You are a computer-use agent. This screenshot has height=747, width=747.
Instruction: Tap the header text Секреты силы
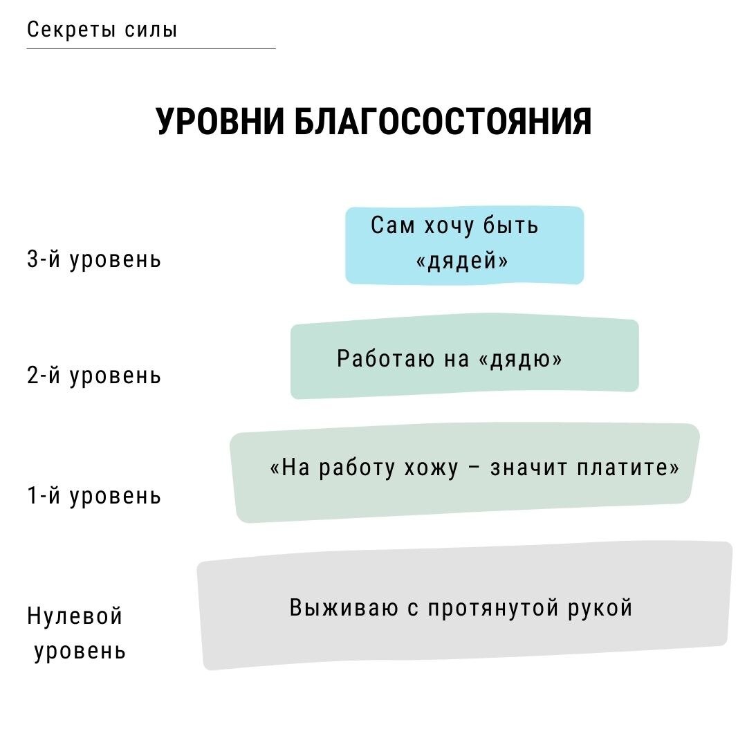coord(102,30)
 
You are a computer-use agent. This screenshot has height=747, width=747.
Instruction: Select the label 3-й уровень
coord(94,259)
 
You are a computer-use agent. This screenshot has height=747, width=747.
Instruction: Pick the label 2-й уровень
coord(94,376)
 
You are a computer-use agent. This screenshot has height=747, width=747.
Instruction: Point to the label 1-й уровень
coord(94,496)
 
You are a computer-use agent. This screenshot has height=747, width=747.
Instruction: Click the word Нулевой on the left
coord(75,616)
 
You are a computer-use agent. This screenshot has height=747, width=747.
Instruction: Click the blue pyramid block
coord(465,246)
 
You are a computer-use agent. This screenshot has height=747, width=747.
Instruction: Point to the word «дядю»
coord(519,359)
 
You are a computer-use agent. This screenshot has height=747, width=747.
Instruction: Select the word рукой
coord(600,608)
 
